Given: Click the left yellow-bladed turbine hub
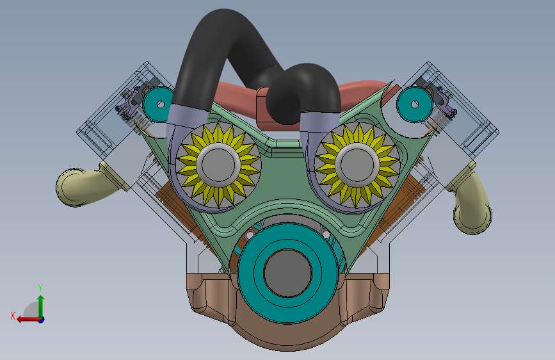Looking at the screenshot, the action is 218,165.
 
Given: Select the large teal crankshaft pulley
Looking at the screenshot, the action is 287,273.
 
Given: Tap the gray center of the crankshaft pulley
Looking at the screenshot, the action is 287,273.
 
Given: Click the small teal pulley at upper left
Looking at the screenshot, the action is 159,104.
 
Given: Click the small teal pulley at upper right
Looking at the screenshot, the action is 414,104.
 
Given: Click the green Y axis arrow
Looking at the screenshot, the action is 41,307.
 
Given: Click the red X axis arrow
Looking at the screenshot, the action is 29,320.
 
